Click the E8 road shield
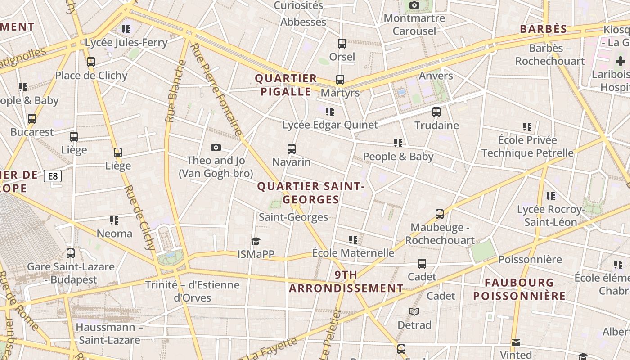[53, 176]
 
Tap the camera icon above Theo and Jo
[216, 147]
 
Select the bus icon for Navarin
[292, 149]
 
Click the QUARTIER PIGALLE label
[286, 85]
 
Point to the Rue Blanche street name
[175, 91]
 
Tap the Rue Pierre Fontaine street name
[216, 90]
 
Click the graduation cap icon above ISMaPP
[256, 241]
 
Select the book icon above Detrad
[414, 311]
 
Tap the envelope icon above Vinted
[516, 342]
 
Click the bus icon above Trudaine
[436, 112]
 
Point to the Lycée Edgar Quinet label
[330, 125]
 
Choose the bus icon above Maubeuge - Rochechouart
[440, 214]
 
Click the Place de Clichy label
[91, 75]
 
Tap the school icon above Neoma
[114, 220]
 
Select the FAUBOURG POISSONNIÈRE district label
[519, 289]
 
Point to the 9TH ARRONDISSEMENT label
[346, 282]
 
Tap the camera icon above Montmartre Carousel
[414, 5]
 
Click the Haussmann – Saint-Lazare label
[109, 333]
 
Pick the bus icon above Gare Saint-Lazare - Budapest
[71, 253]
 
